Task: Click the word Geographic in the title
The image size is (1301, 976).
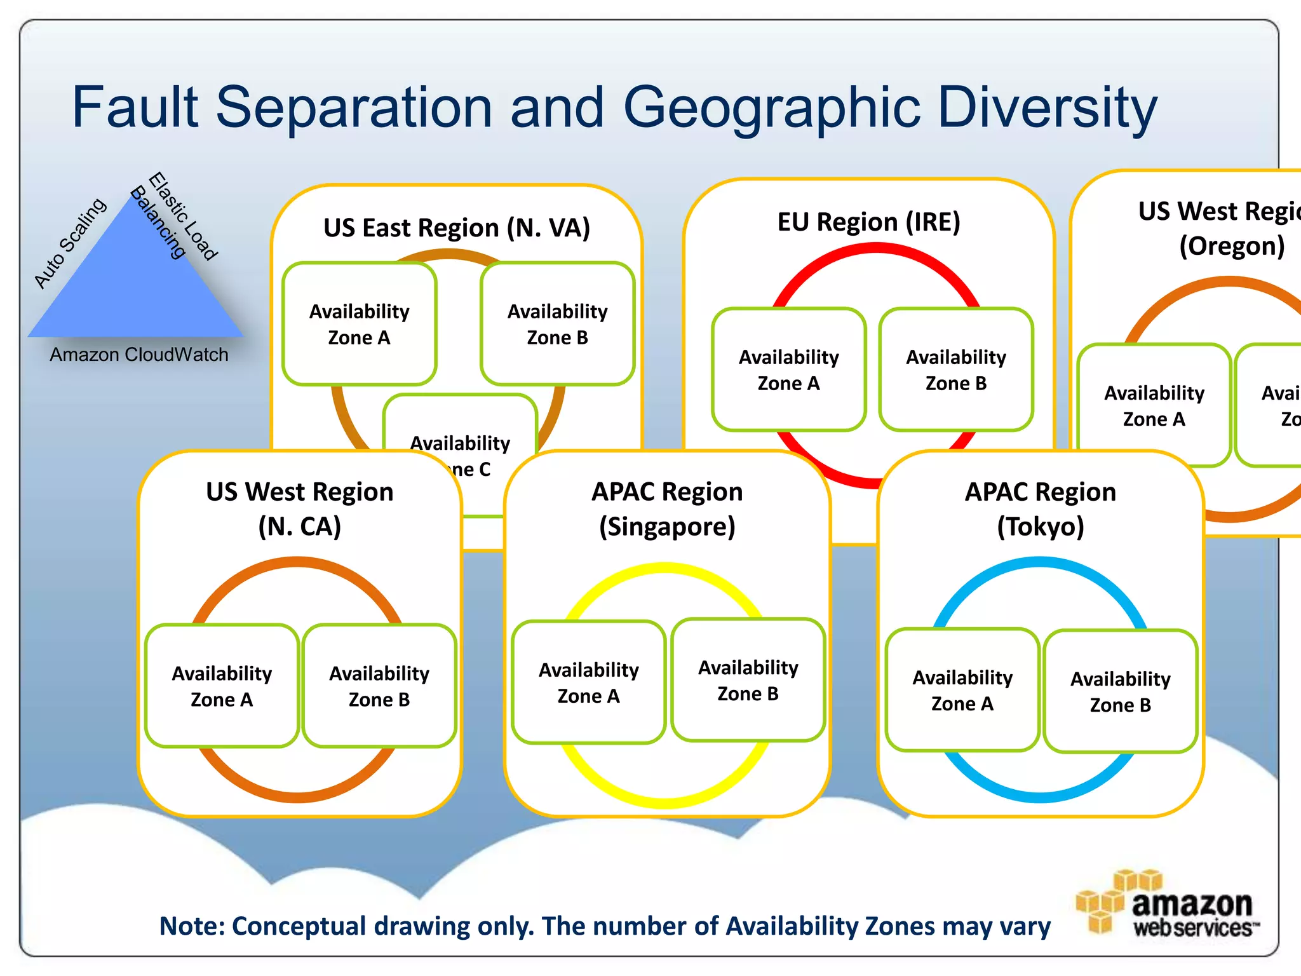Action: click(771, 108)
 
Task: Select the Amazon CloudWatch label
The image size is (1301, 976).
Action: click(139, 355)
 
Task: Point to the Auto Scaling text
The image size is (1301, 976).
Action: click(70, 243)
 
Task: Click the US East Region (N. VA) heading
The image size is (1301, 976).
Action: click(457, 227)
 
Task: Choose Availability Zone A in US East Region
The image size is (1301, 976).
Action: click(360, 324)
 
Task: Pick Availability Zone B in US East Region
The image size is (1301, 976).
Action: click(558, 324)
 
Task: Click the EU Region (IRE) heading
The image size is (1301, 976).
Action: click(868, 222)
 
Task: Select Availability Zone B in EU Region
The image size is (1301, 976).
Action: click(956, 370)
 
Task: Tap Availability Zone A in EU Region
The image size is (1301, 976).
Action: click(789, 370)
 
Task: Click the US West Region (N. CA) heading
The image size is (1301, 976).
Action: click(300, 508)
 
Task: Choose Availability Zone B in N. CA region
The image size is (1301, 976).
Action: click(379, 686)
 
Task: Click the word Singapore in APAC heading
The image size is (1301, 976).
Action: click(667, 527)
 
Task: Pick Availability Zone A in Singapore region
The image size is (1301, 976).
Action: click(589, 682)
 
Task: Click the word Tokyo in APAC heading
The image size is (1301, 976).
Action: click(1041, 527)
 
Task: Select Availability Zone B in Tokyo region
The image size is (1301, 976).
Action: click(1121, 691)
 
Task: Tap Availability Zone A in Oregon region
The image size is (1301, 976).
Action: click(1154, 405)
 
